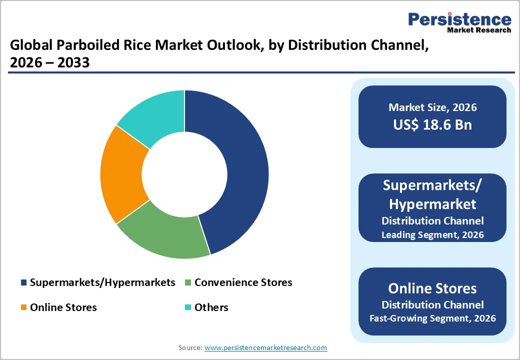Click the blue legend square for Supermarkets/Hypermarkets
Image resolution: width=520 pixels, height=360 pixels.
click(23, 283)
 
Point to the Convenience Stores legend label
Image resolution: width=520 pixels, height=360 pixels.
click(243, 282)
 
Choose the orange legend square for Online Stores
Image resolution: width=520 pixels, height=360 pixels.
click(23, 307)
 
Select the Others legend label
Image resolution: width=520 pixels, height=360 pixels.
click(211, 307)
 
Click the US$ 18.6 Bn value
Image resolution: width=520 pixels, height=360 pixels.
click(432, 124)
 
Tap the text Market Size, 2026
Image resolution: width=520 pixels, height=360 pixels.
click(432, 107)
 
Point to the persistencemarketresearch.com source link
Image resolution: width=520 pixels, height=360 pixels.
click(265, 347)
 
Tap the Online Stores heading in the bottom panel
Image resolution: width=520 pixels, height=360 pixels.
click(432, 288)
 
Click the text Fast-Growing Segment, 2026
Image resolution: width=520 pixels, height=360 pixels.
click(432, 318)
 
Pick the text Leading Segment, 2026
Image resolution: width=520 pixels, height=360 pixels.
click(432, 234)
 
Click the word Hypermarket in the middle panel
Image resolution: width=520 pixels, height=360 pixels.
click(432, 204)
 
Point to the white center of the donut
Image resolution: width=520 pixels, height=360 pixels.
click(184, 174)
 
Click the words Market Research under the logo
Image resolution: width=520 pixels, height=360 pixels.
click(479, 30)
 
